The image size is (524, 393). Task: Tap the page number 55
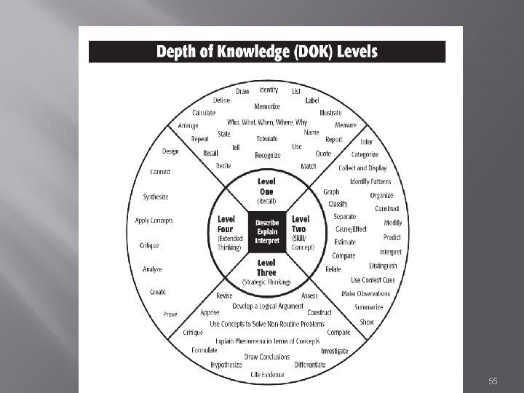click(493, 381)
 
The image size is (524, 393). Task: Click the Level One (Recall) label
click(266, 191)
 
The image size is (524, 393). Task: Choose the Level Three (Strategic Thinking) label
click(266, 271)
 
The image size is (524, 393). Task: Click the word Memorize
click(267, 106)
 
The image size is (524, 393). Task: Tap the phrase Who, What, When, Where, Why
click(267, 122)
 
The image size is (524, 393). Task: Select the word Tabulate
click(267, 138)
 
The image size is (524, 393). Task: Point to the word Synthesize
click(156, 196)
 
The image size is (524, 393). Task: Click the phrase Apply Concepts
click(154, 221)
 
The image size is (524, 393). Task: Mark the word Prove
click(170, 314)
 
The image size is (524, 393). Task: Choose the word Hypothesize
click(226, 364)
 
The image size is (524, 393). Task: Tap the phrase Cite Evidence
click(267, 374)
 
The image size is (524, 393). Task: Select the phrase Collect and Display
click(362, 168)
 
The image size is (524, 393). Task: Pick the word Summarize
click(369, 307)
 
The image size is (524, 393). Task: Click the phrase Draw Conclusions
click(266, 357)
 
